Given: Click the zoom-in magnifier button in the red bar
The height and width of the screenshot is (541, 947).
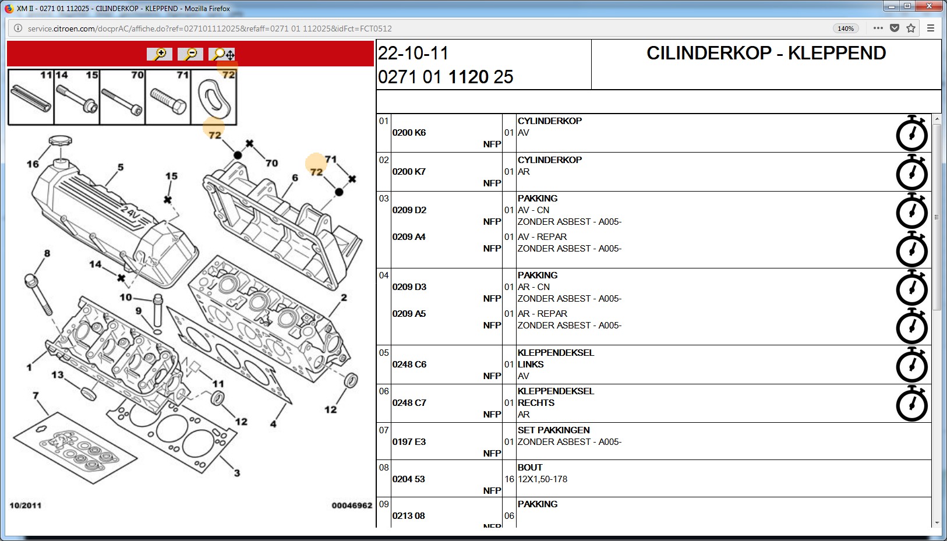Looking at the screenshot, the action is click(160, 54).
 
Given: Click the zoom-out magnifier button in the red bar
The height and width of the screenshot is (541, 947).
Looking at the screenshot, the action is click(190, 54).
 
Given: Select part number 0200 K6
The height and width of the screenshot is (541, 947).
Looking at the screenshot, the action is click(409, 133).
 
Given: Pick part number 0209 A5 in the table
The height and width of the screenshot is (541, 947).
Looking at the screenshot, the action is click(409, 314).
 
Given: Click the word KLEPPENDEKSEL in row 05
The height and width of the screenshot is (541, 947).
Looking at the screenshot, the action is click(556, 352).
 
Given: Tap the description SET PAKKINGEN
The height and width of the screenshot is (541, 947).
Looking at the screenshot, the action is click(553, 430).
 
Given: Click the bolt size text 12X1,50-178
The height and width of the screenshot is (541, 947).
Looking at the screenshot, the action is click(542, 479).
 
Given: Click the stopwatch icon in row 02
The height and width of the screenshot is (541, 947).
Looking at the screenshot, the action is click(912, 172).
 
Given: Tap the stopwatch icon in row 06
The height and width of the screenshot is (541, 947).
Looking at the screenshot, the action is click(912, 404).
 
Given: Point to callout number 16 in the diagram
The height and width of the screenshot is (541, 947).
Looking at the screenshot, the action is click(33, 164).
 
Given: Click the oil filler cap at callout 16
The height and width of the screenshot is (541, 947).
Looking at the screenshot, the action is click(60, 141).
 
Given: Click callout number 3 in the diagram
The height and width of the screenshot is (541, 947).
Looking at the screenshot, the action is click(236, 473).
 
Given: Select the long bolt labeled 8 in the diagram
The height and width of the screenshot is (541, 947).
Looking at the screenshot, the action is click(38, 295).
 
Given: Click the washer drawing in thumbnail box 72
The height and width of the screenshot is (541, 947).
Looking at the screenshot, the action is click(214, 98).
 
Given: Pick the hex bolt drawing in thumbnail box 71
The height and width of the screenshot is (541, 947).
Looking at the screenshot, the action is click(168, 101).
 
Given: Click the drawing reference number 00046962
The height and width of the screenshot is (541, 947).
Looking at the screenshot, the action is click(352, 505).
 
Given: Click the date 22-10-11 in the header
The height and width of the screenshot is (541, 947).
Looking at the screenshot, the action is click(413, 53).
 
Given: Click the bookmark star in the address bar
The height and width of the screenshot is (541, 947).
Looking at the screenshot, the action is click(911, 29).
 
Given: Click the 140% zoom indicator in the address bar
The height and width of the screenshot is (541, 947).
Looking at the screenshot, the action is click(846, 29).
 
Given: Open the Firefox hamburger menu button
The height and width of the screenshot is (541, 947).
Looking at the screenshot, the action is click(931, 29).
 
